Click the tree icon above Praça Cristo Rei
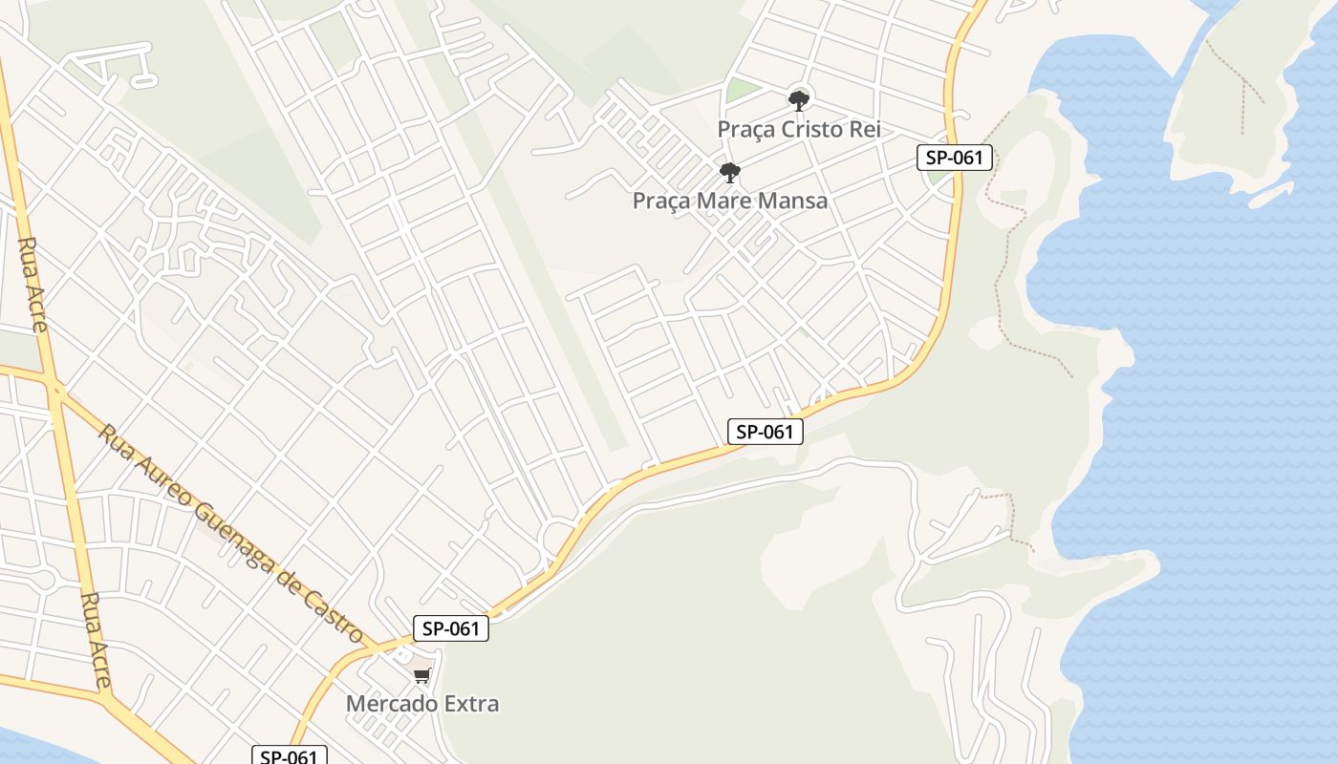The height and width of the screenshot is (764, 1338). pos(799,99)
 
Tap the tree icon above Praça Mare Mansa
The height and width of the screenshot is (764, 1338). pos(730,173)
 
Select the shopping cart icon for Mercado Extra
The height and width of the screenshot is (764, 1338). pos(422,676)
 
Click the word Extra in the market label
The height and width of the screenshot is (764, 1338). pos(469,704)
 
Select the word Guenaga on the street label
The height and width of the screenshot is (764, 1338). pos(235,522)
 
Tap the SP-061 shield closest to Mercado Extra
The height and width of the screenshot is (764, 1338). pos(451,628)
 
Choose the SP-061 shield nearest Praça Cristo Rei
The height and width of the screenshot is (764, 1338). pos(955,158)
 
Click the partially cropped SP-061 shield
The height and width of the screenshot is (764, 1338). pos(290,755)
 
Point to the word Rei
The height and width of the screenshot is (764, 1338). pos(866,129)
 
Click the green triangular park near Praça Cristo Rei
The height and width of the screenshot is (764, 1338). pos(741,92)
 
